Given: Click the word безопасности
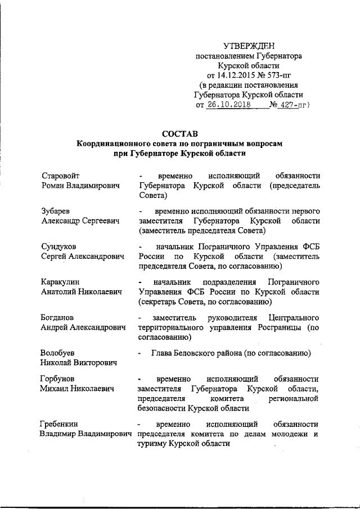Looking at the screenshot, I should (x=161, y=408).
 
